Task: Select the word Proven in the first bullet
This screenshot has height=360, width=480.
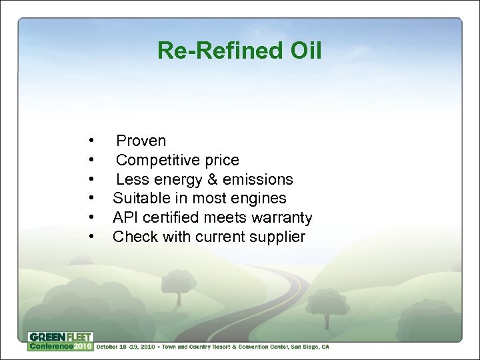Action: pos(141,141)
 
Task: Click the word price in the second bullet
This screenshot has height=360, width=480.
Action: pos(221,160)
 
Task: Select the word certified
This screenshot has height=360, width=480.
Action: pos(169,217)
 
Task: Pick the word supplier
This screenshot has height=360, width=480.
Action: pos(277,237)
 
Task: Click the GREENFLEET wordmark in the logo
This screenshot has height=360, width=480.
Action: pos(60,337)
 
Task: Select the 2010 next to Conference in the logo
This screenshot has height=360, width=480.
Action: pos(83,346)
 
